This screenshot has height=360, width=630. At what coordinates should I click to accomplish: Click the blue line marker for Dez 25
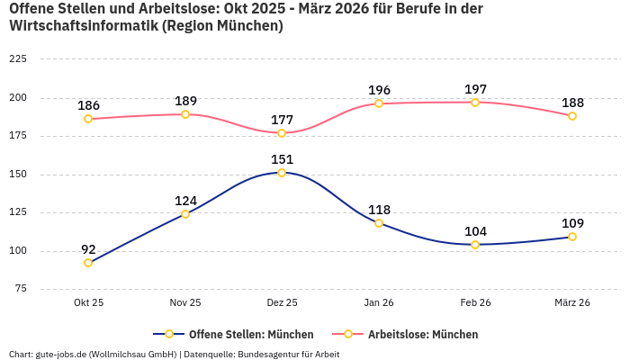[x=282, y=173]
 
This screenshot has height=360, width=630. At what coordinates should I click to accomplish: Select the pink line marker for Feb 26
[x=475, y=102]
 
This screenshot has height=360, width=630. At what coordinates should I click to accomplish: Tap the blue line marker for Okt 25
[x=88, y=263]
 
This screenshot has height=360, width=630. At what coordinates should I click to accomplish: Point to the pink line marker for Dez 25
[x=282, y=133]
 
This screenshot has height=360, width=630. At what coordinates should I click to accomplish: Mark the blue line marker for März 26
[x=572, y=237]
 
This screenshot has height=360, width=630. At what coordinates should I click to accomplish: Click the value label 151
[x=282, y=159]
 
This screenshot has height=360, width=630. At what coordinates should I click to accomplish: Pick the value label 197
[x=475, y=89]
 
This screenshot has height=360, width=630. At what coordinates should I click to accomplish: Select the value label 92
[x=88, y=249]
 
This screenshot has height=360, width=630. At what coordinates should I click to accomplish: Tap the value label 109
[x=572, y=223]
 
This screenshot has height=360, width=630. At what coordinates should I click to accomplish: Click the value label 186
[x=88, y=105]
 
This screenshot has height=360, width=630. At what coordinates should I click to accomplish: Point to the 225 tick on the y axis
[x=17, y=58]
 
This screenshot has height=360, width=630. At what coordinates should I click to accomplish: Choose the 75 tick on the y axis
[x=20, y=289]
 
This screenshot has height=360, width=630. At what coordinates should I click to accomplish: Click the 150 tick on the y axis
[x=17, y=174]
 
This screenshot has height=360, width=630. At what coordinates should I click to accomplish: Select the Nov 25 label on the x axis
[x=185, y=303]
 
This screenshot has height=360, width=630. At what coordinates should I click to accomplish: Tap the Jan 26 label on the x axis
[x=379, y=303]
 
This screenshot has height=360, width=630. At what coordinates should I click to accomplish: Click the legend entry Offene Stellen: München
[x=250, y=334]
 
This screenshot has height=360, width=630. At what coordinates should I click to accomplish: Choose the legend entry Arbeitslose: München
[x=422, y=334]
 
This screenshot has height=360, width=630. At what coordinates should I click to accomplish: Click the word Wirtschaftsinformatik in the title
[x=81, y=26]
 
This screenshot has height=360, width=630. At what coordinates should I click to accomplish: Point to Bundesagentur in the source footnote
[x=270, y=354]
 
